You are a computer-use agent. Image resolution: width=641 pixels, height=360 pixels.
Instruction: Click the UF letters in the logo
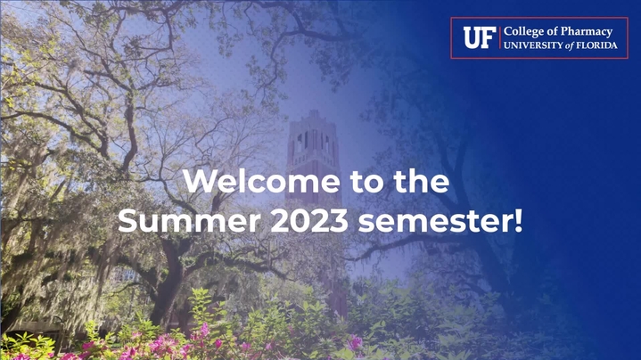click(479, 37)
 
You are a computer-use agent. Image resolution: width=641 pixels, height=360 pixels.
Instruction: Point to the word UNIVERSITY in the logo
click(533, 45)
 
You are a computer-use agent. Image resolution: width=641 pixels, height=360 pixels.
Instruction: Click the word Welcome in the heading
click(261, 181)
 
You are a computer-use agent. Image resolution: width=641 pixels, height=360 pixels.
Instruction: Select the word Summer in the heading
click(189, 220)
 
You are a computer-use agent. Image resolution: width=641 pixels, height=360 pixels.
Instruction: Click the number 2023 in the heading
click(309, 220)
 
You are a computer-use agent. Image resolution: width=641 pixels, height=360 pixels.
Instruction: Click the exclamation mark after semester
click(518, 220)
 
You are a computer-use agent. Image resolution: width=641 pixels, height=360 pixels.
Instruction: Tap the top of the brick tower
click(314, 113)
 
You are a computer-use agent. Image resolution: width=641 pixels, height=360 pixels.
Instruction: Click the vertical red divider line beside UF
click(499, 37)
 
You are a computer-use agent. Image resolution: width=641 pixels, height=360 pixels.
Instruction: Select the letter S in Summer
click(127, 221)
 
